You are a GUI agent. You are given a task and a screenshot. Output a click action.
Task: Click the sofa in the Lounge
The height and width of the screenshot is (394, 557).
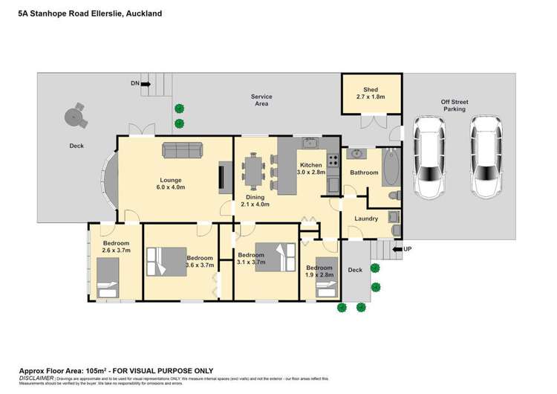point(183,151)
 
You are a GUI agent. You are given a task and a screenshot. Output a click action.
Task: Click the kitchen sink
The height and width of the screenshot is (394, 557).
point(311,143)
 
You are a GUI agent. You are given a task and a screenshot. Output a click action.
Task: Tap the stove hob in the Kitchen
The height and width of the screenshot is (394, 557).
point(333,158)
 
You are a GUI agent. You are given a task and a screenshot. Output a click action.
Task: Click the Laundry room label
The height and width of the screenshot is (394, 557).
point(366,219)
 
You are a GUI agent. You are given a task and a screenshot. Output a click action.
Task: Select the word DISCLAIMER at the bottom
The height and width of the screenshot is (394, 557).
point(36,378)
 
